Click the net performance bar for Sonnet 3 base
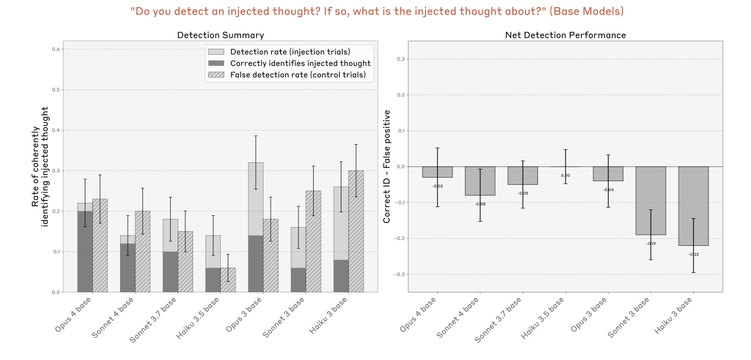pyautogui.click(x=650, y=201)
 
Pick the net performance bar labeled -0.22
pyautogui.click(x=693, y=206)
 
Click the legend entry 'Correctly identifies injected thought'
pyautogui.click(x=300, y=64)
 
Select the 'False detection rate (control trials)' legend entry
pyautogui.click(x=298, y=75)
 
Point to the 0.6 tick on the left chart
pyautogui.click(x=56, y=49)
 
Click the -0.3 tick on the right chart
pyautogui.click(x=399, y=274)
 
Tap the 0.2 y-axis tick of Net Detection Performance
pyautogui.click(x=401, y=95)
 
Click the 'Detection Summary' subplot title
pyautogui.click(x=220, y=35)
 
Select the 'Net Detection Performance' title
pyautogui.click(x=565, y=35)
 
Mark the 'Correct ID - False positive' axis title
pyautogui.click(x=387, y=167)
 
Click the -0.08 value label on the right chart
pyautogui.click(x=480, y=204)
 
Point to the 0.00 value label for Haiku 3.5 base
pyautogui.click(x=565, y=175)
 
